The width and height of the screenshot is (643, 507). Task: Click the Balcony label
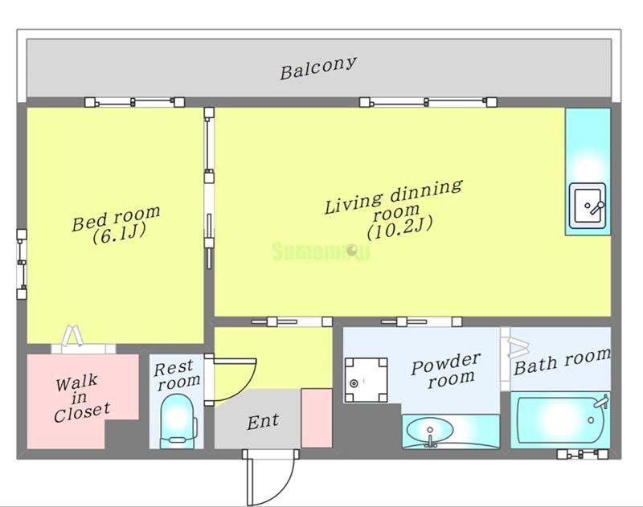pyautogui.click(x=317, y=68)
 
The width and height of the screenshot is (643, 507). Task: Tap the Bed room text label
pyautogui.click(x=116, y=217)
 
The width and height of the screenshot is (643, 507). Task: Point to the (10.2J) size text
pyautogui.click(x=400, y=229)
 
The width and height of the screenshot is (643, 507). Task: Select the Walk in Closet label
pyautogui.click(x=82, y=398)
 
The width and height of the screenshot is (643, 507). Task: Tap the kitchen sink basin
pyautogui.click(x=588, y=206)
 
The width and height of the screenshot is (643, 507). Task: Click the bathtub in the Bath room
pyautogui.click(x=559, y=419)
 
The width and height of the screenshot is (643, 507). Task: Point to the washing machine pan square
pyautogui.click(x=366, y=380)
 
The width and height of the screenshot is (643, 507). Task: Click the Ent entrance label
pyautogui.click(x=264, y=421)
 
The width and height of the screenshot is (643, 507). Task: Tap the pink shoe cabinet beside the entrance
pyautogui.click(x=317, y=418)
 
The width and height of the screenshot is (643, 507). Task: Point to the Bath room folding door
pyautogui.click(x=518, y=348)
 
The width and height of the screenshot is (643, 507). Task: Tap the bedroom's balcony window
pyautogui.click(x=134, y=102)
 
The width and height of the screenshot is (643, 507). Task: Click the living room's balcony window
pyautogui.click(x=428, y=102)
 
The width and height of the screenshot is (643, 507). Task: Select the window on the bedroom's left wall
pyautogui.click(x=22, y=264)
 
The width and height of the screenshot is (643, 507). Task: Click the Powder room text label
pyautogui.click(x=446, y=370)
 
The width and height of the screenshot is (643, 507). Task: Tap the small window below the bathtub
pyautogui.click(x=582, y=454)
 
